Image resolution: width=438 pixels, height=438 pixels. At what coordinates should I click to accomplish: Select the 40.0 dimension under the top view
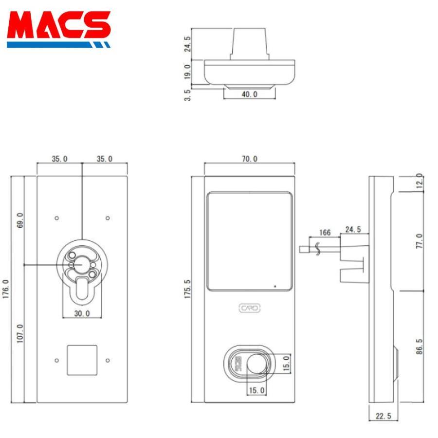coord(249,94)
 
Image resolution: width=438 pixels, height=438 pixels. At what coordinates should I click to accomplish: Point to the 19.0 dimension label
coord(188,72)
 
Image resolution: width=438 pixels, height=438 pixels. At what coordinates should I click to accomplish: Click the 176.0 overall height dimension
coord(6,289)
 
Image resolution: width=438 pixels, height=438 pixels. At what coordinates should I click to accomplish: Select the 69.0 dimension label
coord(20,219)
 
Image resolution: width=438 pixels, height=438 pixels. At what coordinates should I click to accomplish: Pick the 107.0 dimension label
coord(20,333)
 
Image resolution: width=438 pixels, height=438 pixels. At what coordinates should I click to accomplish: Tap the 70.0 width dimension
coord(249,159)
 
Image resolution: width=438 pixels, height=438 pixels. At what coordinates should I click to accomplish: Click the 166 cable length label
coord(325,233)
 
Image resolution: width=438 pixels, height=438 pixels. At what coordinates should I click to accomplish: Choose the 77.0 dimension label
coord(420,241)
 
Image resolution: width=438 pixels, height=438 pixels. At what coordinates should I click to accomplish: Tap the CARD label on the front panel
coord(250,308)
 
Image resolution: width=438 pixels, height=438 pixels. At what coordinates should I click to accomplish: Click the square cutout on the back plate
coord(82,360)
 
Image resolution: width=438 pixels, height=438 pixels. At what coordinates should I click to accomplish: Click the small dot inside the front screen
coord(275,286)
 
